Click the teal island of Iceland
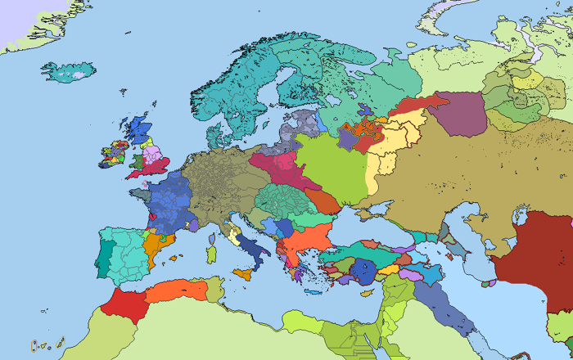pos(67,73)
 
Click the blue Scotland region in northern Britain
pos(138,129)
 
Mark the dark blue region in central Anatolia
pos(361,270)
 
